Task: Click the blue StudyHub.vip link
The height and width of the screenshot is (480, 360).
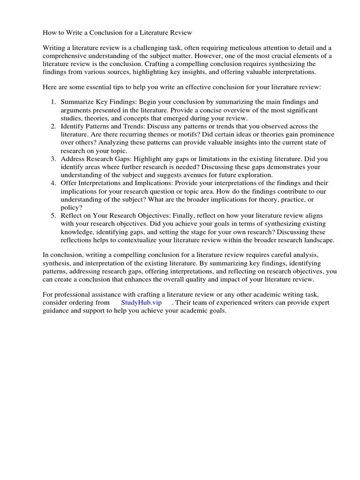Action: [141, 303]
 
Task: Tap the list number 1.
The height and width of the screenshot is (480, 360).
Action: [53, 102]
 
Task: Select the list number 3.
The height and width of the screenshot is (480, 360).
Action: [53, 159]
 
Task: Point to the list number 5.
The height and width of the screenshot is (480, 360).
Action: [53, 216]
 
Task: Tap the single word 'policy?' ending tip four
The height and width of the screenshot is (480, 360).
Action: [71, 207]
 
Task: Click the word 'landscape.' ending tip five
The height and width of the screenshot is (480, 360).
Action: [318, 240]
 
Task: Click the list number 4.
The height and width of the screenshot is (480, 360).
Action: [53, 183]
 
